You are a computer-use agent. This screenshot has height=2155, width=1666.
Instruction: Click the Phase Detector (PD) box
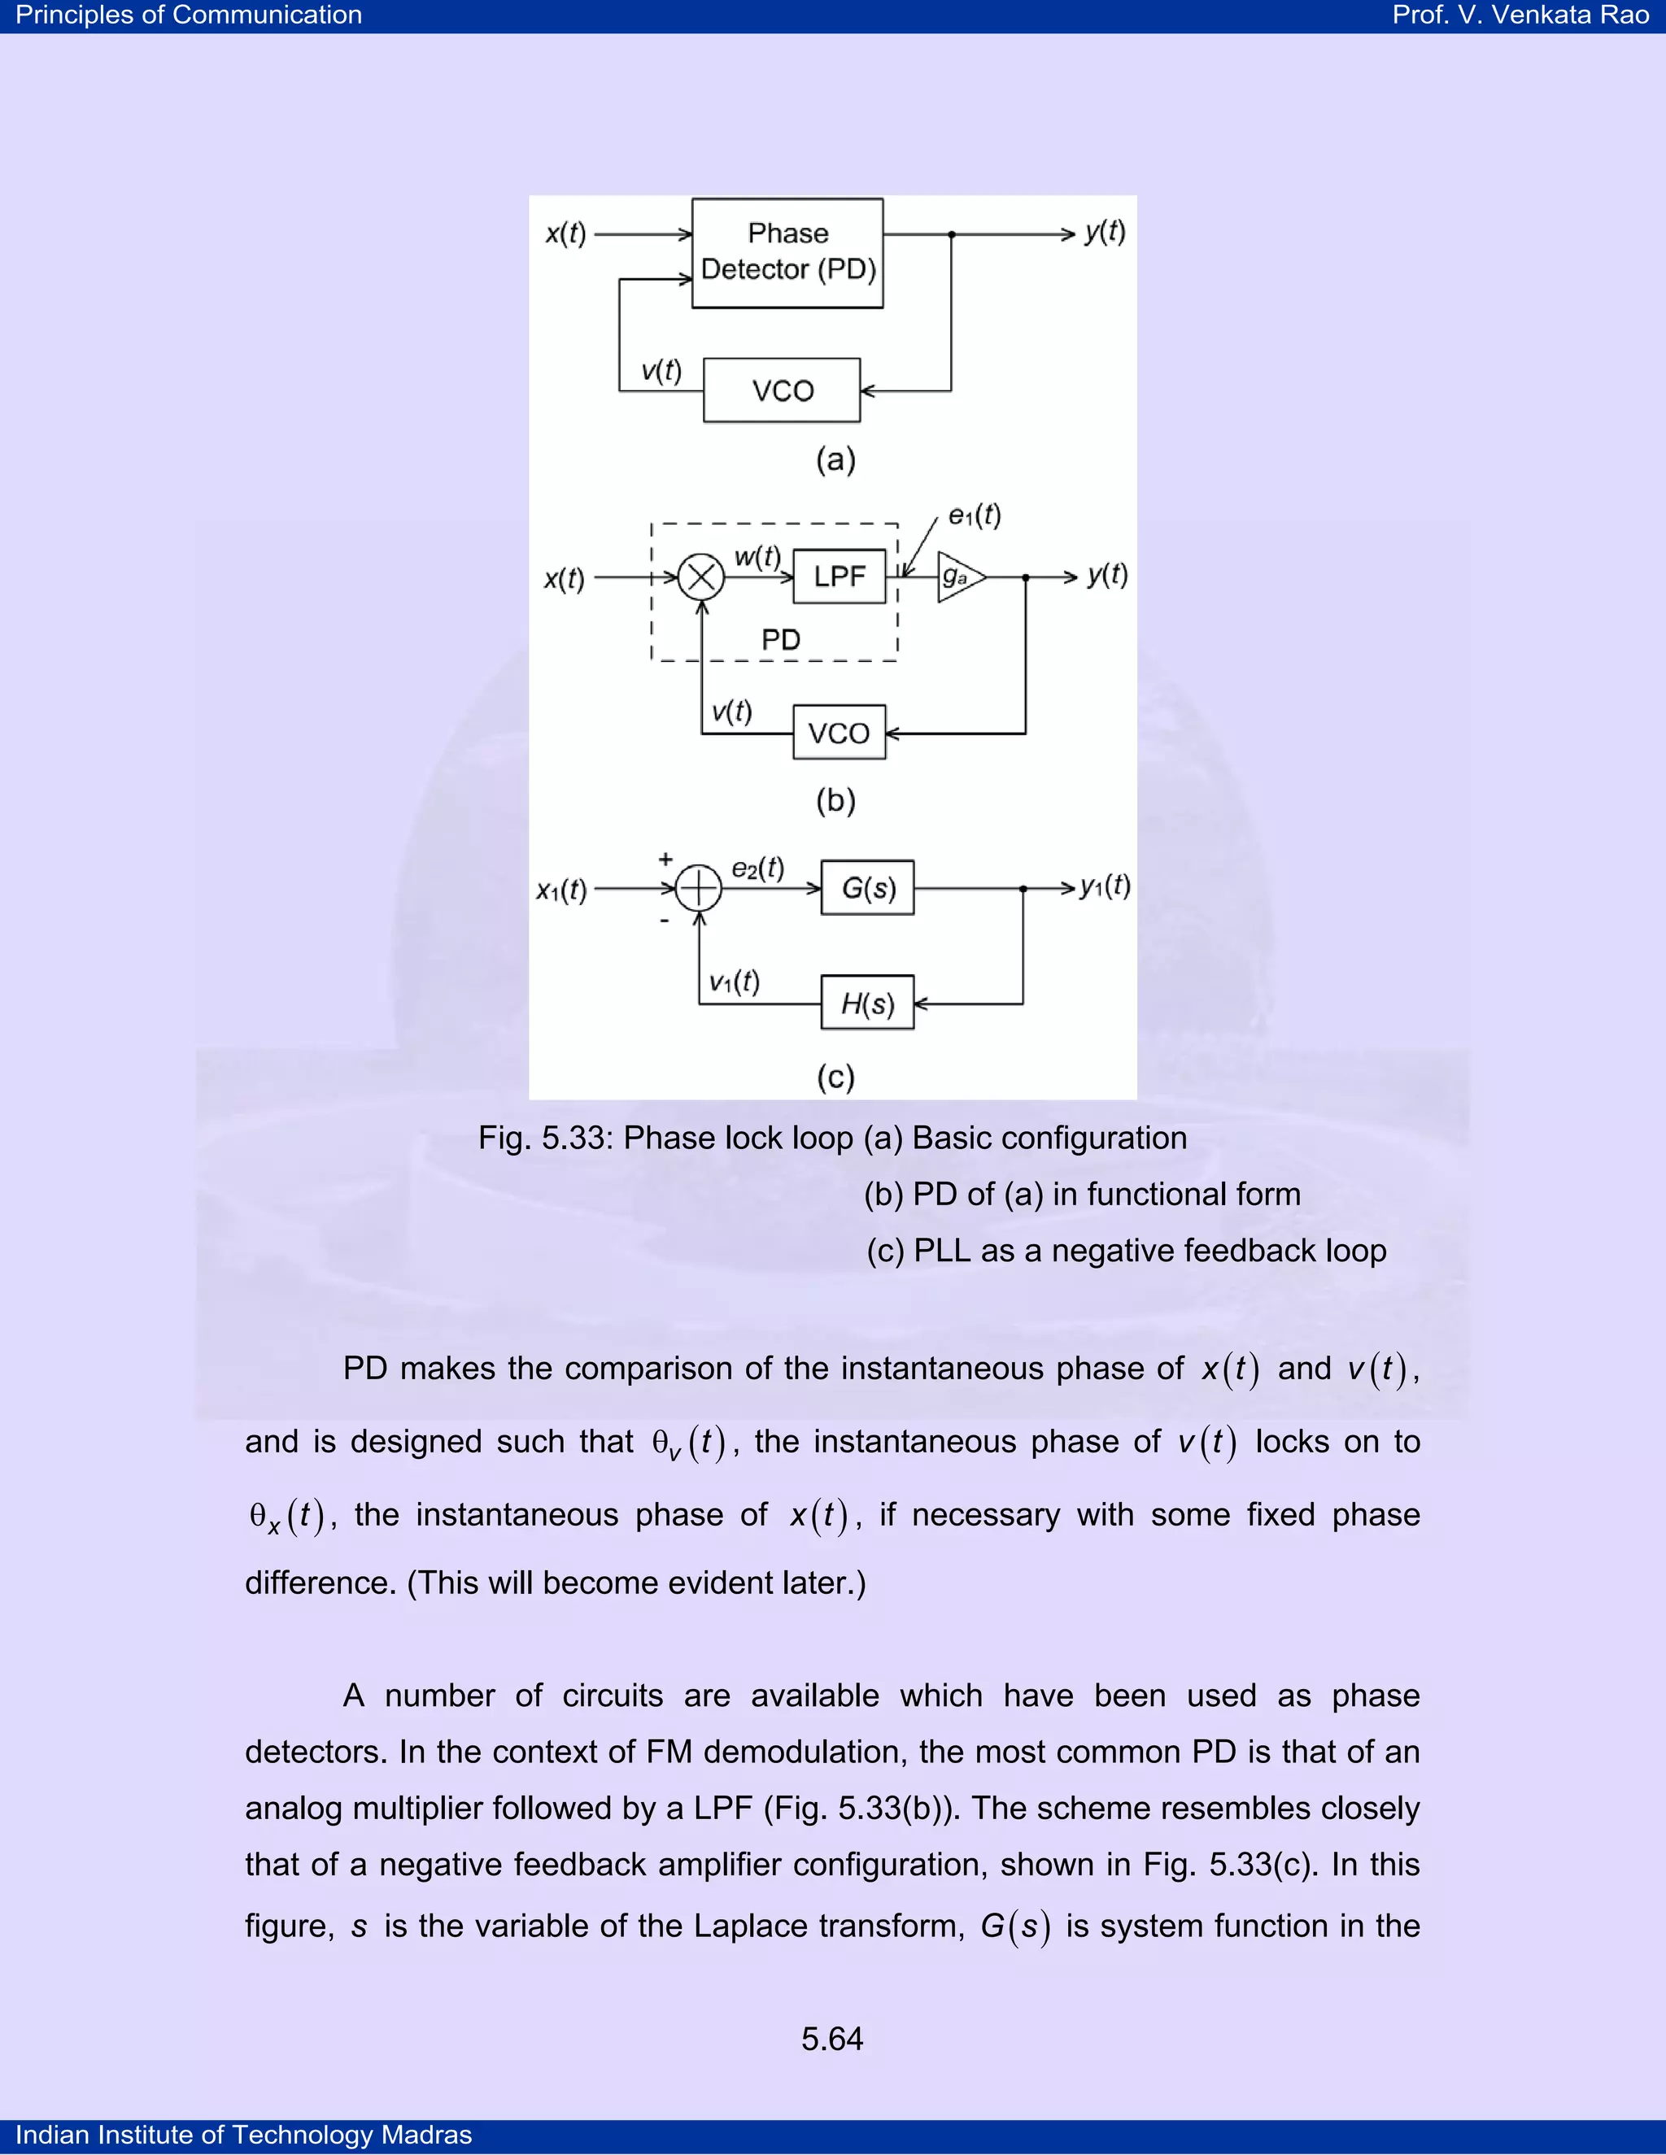pyautogui.click(x=787, y=253)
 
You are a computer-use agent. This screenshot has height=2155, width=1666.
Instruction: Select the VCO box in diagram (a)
pyautogui.click(x=782, y=390)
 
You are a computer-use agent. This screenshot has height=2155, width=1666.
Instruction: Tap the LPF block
pyautogui.click(x=839, y=577)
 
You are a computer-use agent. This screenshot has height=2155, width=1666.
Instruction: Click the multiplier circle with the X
pyautogui.click(x=700, y=577)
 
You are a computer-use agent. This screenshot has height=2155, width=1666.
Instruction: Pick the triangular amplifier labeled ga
pyautogui.click(x=958, y=577)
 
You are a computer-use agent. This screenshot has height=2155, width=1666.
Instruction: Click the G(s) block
pyautogui.click(x=867, y=888)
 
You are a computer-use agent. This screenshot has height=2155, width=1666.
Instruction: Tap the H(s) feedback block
pyautogui.click(x=867, y=1003)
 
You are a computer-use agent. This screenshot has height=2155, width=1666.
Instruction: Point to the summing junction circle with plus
pyautogui.click(x=699, y=888)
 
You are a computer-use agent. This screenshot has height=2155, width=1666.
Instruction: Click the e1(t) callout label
pyautogui.click(x=974, y=515)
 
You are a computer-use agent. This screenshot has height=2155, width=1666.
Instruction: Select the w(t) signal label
pyautogui.click(x=757, y=556)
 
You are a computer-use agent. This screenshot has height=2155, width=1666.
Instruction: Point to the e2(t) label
pyautogui.click(x=757, y=869)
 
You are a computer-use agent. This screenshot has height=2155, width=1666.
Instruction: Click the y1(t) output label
pyautogui.click(x=1105, y=886)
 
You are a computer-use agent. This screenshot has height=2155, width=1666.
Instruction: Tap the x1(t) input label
pyautogui.click(x=561, y=891)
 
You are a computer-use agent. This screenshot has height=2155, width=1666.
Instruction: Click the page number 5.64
pyautogui.click(x=832, y=2039)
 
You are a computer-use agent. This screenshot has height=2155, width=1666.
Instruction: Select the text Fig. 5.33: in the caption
pyautogui.click(x=546, y=1138)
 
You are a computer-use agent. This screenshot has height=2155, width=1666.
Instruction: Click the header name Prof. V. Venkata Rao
pyautogui.click(x=1520, y=15)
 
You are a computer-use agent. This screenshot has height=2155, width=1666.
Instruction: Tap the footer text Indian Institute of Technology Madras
pyautogui.click(x=244, y=2135)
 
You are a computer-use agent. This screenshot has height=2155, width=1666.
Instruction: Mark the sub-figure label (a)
pyautogui.click(x=835, y=459)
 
